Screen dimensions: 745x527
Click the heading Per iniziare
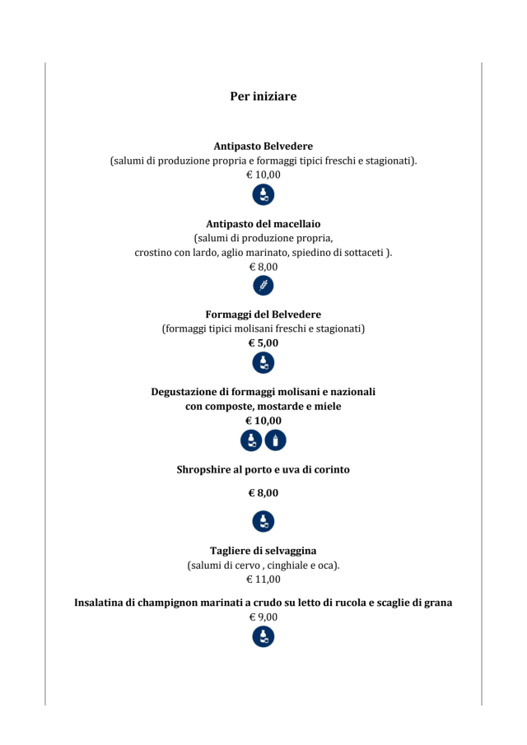(263, 97)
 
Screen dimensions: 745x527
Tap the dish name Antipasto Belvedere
(263, 146)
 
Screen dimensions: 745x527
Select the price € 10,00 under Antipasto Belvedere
(263, 175)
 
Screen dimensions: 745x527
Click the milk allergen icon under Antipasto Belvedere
(263, 195)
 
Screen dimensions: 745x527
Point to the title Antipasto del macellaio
(263, 223)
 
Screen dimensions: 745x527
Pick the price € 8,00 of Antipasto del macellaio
(263, 267)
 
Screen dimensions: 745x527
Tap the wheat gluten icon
(263, 286)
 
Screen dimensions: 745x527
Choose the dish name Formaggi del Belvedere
(263, 314)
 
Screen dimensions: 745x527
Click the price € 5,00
(263, 343)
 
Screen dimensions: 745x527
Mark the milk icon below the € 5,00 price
(263, 363)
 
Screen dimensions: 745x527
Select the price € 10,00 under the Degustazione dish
(263, 421)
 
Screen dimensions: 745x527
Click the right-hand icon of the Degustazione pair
(276, 440)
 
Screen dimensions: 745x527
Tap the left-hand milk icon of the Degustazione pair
(251, 440)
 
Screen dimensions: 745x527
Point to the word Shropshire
(204, 469)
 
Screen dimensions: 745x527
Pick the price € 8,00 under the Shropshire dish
(263, 493)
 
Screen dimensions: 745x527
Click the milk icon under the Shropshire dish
(263, 520)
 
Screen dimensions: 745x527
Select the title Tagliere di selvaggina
(263, 551)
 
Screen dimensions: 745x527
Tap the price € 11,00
(263, 579)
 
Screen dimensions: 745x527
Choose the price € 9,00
(263, 617)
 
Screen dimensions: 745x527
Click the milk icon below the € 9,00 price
(263, 636)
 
